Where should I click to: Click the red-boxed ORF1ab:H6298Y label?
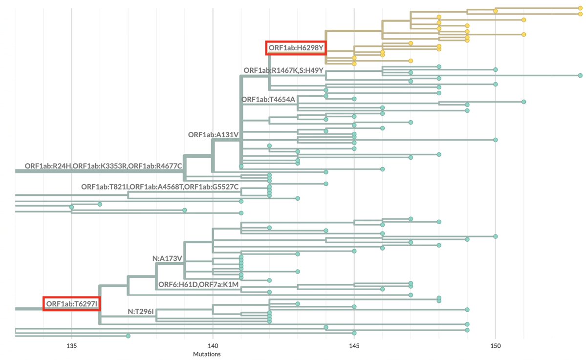pyautogui.click(x=297, y=47)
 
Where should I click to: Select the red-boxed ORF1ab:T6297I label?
pyautogui.click(x=71, y=304)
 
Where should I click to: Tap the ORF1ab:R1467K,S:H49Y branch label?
pyautogui.click(x=283, y=70)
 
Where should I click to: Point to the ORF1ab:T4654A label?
pyautogui.click(x=268, y=100)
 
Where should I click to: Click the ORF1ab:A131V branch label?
pyautogui.click(x=213, y=134)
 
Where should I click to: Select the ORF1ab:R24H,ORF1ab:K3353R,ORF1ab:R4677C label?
pyautogui.click(x=103, y=166)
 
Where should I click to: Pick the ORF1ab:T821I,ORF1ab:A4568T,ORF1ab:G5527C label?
pyautogui.click(x=160, y=187)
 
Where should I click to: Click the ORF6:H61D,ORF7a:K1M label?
pyautogui.click(x=198, y=284)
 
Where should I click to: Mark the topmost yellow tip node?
pyautogui.click(x=580, y=8)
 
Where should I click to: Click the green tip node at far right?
pyautogui.click(x=580, y=76)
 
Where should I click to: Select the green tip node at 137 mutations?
pyautogui.click(x=128, y=336)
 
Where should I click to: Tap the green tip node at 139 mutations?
pyautogui.click(x=185, y=210)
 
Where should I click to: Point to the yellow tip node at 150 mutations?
pyautogui.click(x=496, y=11)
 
